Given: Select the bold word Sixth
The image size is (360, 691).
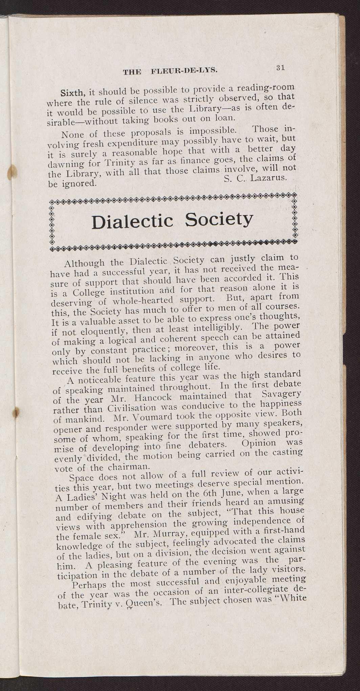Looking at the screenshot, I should [72, 92].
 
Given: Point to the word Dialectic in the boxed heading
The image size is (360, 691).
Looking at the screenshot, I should [132, 222].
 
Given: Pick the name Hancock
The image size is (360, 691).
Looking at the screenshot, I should [152, 397].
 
